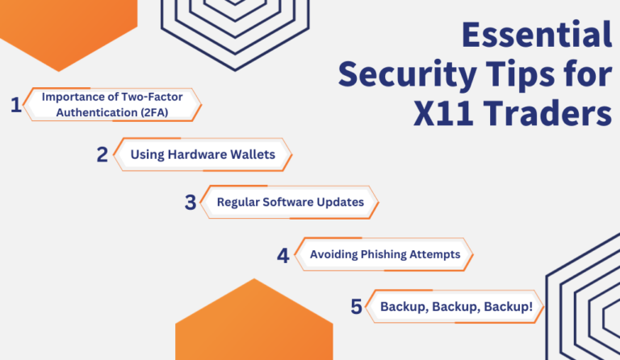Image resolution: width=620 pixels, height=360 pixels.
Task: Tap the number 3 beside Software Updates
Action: [x=191, y=203]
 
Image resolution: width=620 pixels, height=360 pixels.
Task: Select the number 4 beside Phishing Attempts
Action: [x=283, y=256]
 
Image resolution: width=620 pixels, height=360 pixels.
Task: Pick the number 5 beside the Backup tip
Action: [x=356, y=307]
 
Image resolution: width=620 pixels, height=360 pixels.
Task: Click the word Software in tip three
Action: [x=290, y=203]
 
